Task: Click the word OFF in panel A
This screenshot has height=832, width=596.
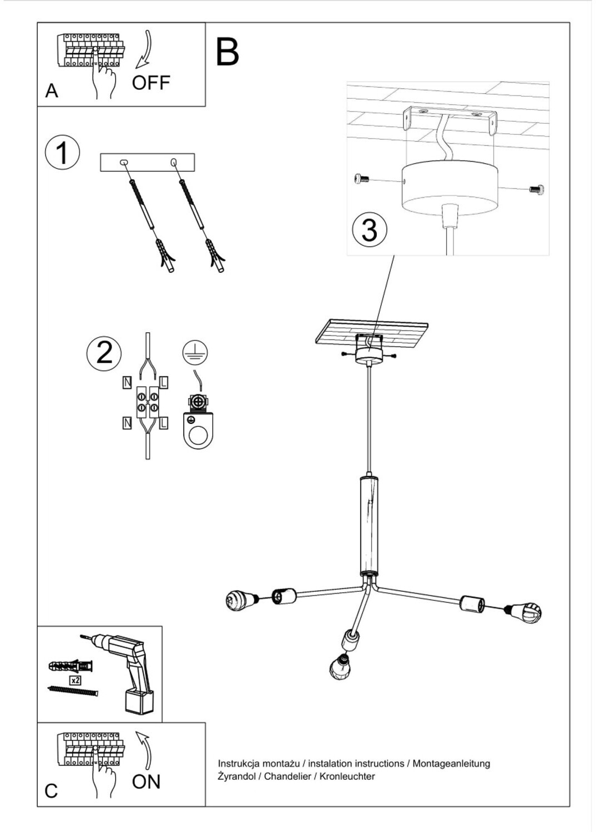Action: pyautogui.click(x=150, y=83)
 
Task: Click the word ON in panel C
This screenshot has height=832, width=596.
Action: pyautogui.click(x=146, y=782)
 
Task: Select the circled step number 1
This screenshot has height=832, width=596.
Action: pyautogui.click(x=62, y=153)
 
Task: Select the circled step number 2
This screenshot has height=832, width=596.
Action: pyautogui.click(x=104, y=353)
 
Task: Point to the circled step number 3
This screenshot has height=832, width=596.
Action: pyautogui.click(x=370, y=230)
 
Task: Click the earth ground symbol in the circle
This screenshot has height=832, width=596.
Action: pyautogui.click(x=195, y=352)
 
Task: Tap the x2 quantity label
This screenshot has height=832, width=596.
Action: pyautogui.click(x=75, y=679)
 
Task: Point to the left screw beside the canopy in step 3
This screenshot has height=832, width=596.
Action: pyautogui.click(x=361, y=179)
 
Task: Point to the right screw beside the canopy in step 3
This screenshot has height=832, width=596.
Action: pyautogui.click(x=537, y=189)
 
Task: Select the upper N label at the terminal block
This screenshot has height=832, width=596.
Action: pyautogui.click(x=127, y=382)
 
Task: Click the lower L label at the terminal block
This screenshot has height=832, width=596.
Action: pyautogui.click(x=164, y=424)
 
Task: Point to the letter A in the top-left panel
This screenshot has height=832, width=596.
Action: pyautogui.click(x=52, y=90)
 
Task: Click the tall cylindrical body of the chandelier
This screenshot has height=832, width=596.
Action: pyautogui.click(x=368, y=525)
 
